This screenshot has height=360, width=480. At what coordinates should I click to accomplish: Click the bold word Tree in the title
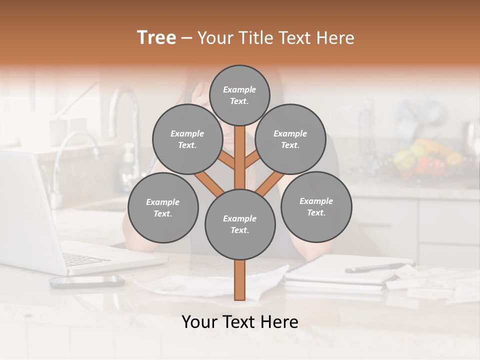tap(156, 38)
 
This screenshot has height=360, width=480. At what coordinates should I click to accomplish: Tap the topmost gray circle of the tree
tap(239, 95)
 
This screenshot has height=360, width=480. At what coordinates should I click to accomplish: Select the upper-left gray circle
tap(187, 139)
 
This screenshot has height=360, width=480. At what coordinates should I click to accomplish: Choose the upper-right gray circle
tap(290, 139)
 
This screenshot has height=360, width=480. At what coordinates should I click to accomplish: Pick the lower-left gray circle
tap(163, 208)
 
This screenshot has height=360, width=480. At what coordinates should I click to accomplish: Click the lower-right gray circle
tap(316, 207)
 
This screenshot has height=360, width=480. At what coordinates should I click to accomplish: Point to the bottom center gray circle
tap(240, 224)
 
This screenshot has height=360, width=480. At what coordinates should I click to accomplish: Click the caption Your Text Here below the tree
tap(240, 322)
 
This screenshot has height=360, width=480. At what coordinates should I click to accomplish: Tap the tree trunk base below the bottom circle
tap(240, 280)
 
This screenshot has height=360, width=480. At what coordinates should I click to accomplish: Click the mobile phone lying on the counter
tap(86, 281)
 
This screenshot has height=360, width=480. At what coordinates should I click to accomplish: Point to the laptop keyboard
tap(85, 259)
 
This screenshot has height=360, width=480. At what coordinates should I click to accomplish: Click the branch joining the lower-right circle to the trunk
tap(270, 183)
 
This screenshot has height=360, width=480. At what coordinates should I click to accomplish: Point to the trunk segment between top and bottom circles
tap(240, 160)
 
